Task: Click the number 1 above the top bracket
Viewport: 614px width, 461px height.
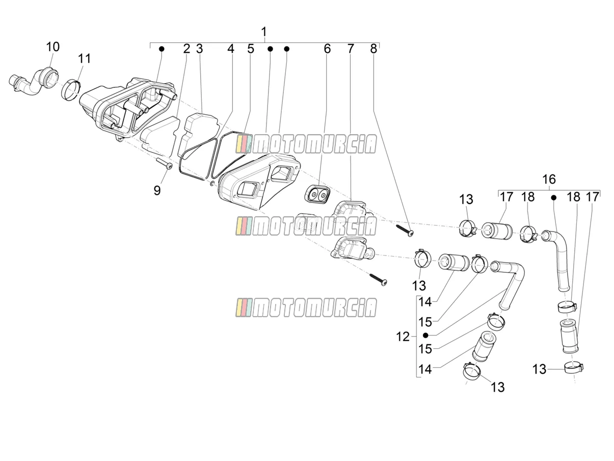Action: point(264,32)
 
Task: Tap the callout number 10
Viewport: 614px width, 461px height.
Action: point(53,47)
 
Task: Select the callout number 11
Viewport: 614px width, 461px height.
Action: point(84,59)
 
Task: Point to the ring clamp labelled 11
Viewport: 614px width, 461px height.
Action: point(71,90)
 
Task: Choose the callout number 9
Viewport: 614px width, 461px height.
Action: point(157,191)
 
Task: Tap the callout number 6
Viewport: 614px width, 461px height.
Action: point(327,49)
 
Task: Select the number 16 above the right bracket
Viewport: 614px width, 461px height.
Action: point(549,179)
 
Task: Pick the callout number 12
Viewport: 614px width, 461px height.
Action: point(403,337)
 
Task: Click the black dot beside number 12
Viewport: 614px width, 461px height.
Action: point(426,335)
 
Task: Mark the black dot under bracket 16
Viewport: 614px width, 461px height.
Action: point(553,198)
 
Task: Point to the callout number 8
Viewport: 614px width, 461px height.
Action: point(373,49)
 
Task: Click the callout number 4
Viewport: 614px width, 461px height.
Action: point(230,49)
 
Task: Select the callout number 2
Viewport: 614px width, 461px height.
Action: point(186,49)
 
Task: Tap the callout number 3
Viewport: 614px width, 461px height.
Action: point(199,49)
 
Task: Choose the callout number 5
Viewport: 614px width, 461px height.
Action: point(251,49)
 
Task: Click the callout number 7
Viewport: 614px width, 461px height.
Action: point(351,49)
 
